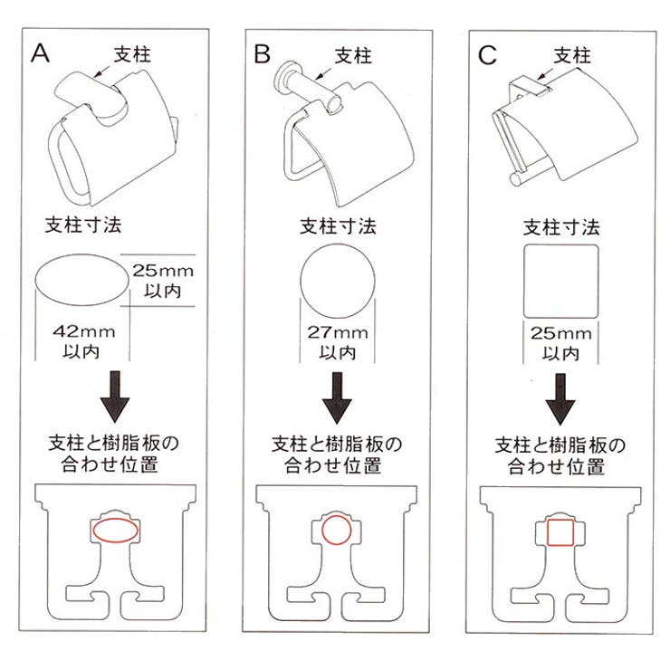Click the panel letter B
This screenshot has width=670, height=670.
point(263,54)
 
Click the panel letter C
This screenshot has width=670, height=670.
point(487,54)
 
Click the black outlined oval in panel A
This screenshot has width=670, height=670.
point(80,282)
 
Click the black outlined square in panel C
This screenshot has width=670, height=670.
point(561,281)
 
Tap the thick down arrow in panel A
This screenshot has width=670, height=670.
point(114,399)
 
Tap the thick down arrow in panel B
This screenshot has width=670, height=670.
point(338,399)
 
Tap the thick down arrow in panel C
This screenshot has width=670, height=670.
point(561,399)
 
